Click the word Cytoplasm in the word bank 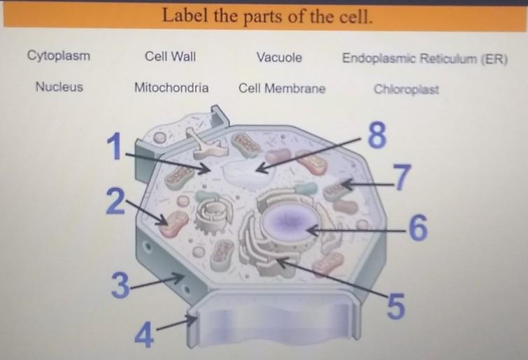pyautogui.click(x=59, y=56)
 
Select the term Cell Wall pyautogui.click(x=170, y=57)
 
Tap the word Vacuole pyautogui.click(x=280, y=57)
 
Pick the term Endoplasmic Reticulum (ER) pyautogui.click(x=424, y=58)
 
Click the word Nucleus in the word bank pyautogui.click(x=59, y=87)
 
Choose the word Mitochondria pyautogui.click(x=171, y=88)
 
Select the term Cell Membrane pyautogui.click(x=282, y=89)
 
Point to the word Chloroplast pyautogui.click(x=406, y=89)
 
